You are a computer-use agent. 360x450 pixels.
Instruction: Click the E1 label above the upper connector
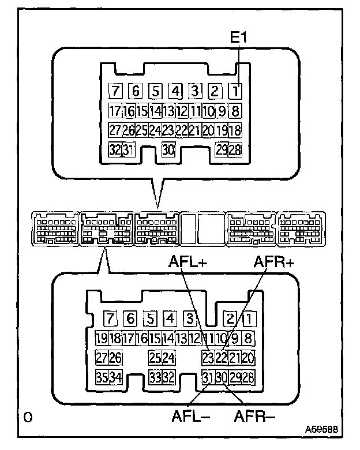(238, 37)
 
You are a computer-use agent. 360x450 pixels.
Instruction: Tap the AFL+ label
(187, 261)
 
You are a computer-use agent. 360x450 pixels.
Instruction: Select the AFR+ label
(274, 261)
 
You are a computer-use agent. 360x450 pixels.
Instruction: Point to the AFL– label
(190, 416)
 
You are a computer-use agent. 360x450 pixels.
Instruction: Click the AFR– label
(254, 416)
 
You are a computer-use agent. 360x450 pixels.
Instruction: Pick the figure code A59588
(321, 430)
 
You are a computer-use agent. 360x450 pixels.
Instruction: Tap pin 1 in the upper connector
(235, 91)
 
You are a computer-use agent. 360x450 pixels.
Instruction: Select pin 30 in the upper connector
(168, 149)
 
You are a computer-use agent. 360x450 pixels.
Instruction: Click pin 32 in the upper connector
(115, 149)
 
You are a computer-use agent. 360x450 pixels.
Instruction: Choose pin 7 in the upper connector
(115, 91)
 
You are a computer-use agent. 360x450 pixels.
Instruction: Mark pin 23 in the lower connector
(208, 358)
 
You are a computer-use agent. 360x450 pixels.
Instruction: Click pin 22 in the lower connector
(221, 358)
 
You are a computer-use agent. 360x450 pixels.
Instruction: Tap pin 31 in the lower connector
(208, 377)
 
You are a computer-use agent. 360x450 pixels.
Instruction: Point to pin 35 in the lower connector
(102, 377)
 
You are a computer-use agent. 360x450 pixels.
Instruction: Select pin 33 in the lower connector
(155, 377)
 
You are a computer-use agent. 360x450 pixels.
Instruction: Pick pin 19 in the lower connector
(102, 338)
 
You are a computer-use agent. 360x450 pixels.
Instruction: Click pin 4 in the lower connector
(170, 318)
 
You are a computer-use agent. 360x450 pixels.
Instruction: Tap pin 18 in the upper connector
(235, 130)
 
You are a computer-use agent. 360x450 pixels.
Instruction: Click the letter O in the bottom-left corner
(28, 417)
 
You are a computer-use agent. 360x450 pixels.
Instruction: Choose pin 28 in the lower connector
(248, 377)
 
